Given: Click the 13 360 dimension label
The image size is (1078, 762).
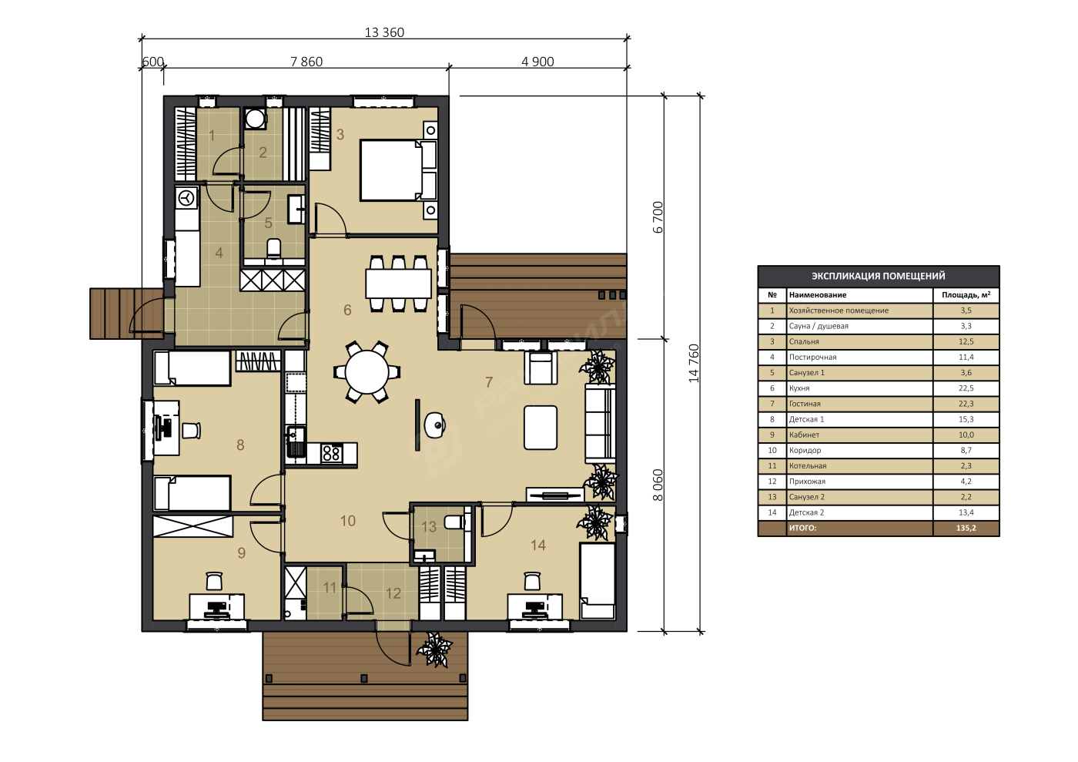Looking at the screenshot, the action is coord(384,32).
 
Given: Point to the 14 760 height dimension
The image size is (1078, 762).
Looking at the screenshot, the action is coord(694,363).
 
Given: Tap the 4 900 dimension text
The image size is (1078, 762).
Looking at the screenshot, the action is coord(537,62).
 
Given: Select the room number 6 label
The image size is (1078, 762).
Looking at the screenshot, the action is coord(347,310).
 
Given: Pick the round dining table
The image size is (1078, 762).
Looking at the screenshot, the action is coord(367,372).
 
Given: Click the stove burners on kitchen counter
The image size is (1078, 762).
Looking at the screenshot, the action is coord(332,453).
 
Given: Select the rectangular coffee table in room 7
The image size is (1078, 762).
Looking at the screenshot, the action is coord(541,428).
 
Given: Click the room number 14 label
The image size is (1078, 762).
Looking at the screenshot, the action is coord(538,545).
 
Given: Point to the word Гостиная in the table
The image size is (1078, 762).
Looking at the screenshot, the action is coord(805,404).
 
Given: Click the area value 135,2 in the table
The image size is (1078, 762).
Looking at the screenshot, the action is coord(966,528).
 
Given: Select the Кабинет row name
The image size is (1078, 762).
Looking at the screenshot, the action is coord(804,435).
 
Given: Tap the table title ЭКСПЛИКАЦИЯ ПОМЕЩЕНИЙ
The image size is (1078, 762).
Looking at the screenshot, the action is coord(879,276).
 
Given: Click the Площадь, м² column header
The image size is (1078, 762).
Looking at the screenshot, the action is coord(966,295).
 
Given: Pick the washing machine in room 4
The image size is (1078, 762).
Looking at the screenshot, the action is coord(186,197).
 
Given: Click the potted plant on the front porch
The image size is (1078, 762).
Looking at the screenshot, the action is coord(434,649).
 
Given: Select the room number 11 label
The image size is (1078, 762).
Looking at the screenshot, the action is coord(330,587).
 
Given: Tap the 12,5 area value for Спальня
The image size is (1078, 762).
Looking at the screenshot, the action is coord(966,341).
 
